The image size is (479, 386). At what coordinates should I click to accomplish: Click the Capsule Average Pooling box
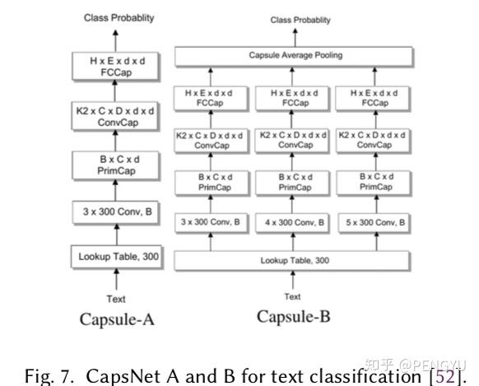pos(292,56)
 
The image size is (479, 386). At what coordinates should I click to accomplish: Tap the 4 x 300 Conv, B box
pos(292,222)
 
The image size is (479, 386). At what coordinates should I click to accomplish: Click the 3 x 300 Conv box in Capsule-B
pos(211,222)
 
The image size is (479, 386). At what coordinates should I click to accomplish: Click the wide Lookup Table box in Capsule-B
pos(292,260)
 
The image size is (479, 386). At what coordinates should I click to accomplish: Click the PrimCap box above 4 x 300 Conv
pos(292,182)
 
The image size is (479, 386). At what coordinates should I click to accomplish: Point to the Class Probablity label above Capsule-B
pos(293,21)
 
